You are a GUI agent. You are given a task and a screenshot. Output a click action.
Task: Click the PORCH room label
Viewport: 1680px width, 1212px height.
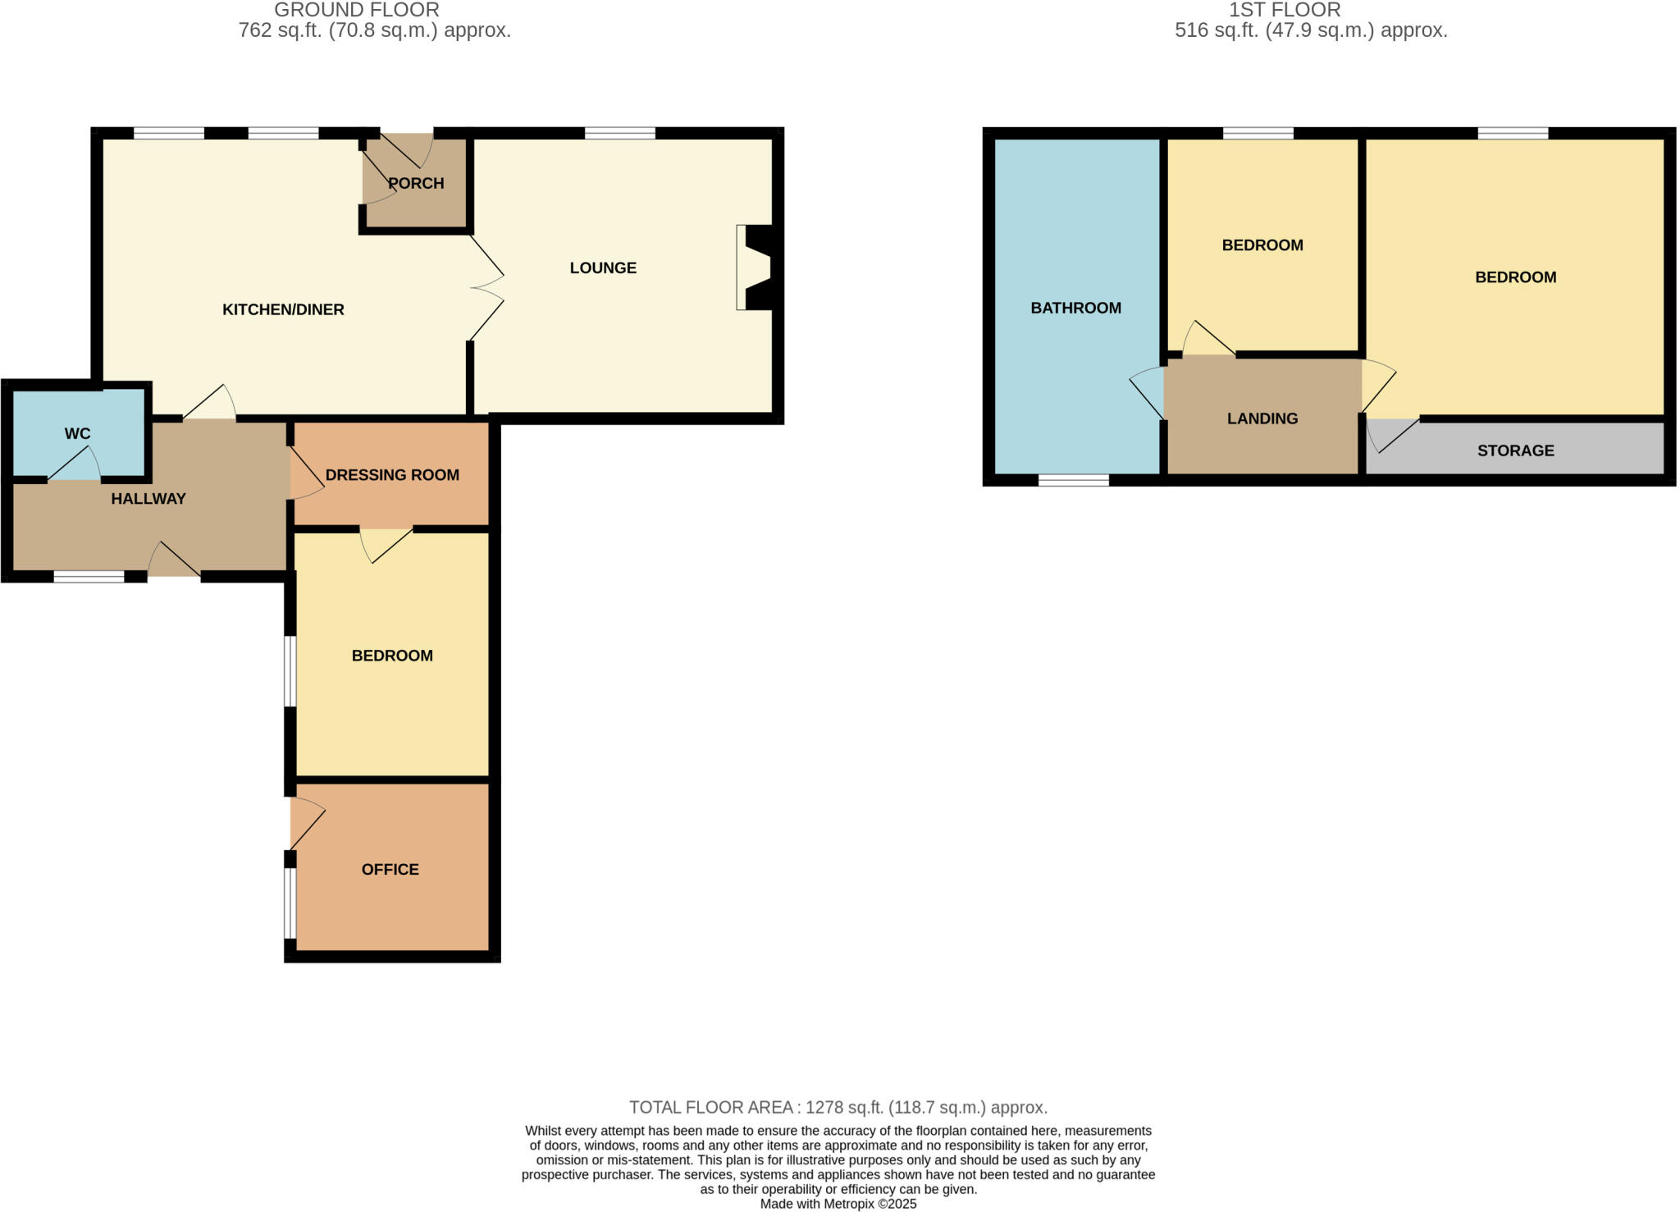pyautogui.click(x=416, y=183)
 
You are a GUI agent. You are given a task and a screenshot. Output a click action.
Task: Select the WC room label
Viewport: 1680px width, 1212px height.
pyautogui.click(x=78, y=433)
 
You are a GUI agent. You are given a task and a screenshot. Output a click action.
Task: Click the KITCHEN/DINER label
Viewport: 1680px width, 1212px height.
pyautogui.click(x=283, y=309)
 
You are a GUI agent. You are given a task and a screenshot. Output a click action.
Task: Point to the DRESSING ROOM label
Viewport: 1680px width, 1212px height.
pyautogui.click(x=392, y=475)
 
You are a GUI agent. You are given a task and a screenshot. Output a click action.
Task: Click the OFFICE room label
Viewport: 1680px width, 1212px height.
pyautogui.click(x=390, y=869)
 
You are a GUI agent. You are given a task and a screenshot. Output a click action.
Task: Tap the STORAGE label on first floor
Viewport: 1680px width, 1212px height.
pyautogui.click(x=1515, y=450)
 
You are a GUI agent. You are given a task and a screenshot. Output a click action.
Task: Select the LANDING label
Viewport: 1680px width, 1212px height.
pyautogui.click(x=1262, y=418)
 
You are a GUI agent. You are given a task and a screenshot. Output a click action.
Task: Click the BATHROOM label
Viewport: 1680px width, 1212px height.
pyautogui.click(x=1075, y=308)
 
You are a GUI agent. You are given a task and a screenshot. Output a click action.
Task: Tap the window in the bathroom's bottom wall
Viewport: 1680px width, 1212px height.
pyautogui.click(x=1073, y=480)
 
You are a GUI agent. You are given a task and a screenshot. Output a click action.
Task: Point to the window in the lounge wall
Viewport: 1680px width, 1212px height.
pyautogui.click(x=620, y=133)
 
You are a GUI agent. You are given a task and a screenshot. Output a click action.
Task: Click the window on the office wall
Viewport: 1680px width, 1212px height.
pyautogui.click(x=290, y=903)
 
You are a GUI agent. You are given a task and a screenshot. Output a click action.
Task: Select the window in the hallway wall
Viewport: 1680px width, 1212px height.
pyautogui.click(x=89, y=577)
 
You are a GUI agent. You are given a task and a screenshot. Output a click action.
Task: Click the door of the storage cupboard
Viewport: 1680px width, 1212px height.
pyautogui.click(x=1392, y=435)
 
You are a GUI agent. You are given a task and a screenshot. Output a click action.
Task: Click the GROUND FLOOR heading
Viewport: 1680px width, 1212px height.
pyautogui.click(x=357, y=10)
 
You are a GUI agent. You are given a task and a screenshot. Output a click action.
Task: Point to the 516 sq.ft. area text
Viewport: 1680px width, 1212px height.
pyautogui.click(x=1310, y=31)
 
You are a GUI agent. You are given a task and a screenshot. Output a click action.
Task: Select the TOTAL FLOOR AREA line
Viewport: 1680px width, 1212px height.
pyautogui.click(x=838, y=1108)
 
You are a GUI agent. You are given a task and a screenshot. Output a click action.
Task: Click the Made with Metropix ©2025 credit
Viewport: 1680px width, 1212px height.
pyautogui.click(x=838, y=1204)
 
